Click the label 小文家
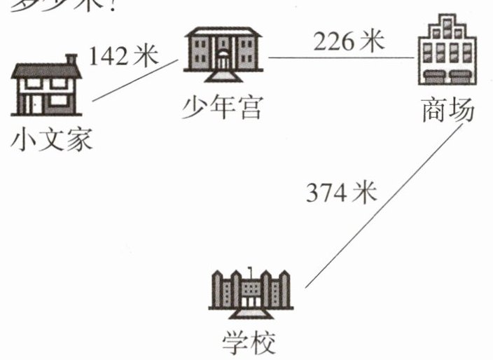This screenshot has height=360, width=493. click(52, 141)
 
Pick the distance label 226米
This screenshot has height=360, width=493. click(348, 41)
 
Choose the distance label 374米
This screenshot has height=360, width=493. click(341, 191)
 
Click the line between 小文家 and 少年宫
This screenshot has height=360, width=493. click(134, 81)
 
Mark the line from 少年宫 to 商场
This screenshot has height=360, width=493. click(342, 58)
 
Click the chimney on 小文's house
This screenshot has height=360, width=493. click(71, 60)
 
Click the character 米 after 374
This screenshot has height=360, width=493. click(365, 191)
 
